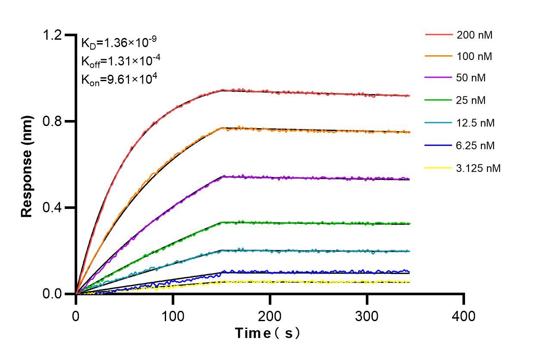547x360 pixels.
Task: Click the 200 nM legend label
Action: (x=475, y=35)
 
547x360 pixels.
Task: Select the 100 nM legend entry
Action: (x=475, y=56)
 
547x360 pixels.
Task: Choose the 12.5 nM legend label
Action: (x=475, y=123)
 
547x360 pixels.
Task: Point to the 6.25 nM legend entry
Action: (x=475, y=145)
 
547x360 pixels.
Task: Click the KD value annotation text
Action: (x=119, y=42)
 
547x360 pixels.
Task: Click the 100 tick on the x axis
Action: (x=173, y=316)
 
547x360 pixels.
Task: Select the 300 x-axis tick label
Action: (x=367, y=316)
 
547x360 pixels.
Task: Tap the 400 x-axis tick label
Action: (x=464, y=316)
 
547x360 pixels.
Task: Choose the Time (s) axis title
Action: (x=267, y=334)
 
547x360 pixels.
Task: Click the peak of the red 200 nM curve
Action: (x=223, y=90)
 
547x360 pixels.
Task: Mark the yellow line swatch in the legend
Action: (x=439, y=168)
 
